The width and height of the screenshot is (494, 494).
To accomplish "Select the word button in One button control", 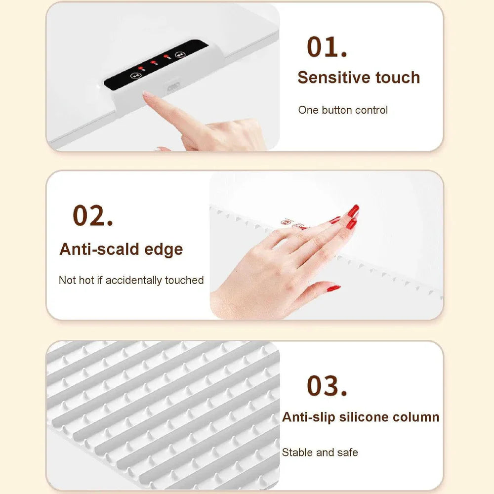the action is click(x=337, y=110).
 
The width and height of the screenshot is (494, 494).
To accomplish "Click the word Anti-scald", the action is click(x=99, y=249).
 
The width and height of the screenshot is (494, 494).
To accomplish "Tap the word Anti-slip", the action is click(x=308, y=417).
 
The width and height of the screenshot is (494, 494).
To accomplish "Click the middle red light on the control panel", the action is click(x=154, y=62).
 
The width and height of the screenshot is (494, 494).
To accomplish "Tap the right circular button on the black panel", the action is click(x=180, y=55).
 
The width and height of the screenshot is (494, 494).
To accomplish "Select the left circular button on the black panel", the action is click(x=135, y=76).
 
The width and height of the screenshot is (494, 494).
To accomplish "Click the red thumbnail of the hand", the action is click(x=333, y=288).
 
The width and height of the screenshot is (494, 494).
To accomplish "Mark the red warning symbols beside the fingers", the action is click(x=293, y=224).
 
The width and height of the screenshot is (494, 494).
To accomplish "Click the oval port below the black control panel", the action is click(x=173, y=86).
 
